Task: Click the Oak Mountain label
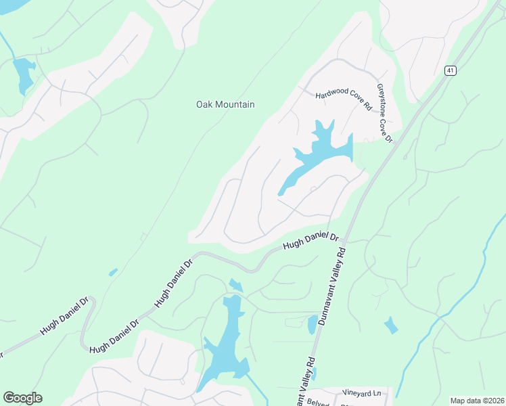(x=225, y=104)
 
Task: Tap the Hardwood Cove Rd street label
(x=344, y=100)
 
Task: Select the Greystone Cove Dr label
(x=385, y=113)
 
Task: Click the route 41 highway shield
(x=451, y=70)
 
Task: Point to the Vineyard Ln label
(x=362, y=392)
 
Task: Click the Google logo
(x=22, y=398)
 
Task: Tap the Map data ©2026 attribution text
(x=477, y=401)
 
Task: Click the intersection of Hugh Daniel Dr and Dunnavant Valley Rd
(x=344, y=240)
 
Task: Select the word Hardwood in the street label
(x=331, y=97)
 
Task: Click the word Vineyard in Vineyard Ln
(x=356, y=392)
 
